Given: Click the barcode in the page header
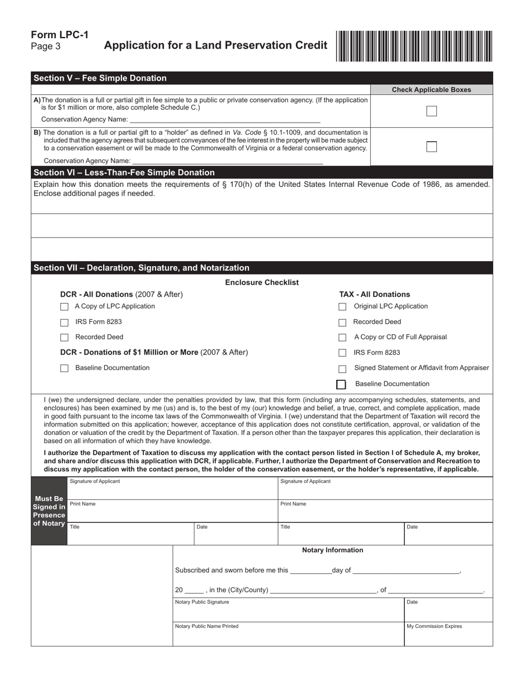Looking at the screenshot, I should (x=414, y=46).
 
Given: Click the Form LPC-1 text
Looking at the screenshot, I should (x=60, y=35).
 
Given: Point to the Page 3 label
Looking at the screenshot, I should (x=46, y=47).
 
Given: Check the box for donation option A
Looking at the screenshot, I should (x=431, y=111).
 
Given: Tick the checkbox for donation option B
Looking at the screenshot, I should (x=431, y=147).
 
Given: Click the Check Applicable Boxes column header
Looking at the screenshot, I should (x=431, y=90).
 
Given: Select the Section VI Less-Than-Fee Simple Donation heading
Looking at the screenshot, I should (x=124, y=173).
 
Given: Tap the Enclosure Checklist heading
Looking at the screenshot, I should (x=262, y=282).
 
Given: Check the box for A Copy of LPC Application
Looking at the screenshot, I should (x=65, y=307).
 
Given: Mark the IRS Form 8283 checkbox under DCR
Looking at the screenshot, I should (x=65, y=322).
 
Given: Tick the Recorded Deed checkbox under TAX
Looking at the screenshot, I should (x=343, y=322).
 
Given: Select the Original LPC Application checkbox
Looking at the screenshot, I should (x=343, y=307).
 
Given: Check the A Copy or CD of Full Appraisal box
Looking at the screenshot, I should (x=343, y=337).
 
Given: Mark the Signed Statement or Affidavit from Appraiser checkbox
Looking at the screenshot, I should (x=343, y=369).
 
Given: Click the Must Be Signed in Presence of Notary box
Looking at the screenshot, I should (x=49, y=511).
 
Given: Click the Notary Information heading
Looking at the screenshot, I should (x=333, y=550).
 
